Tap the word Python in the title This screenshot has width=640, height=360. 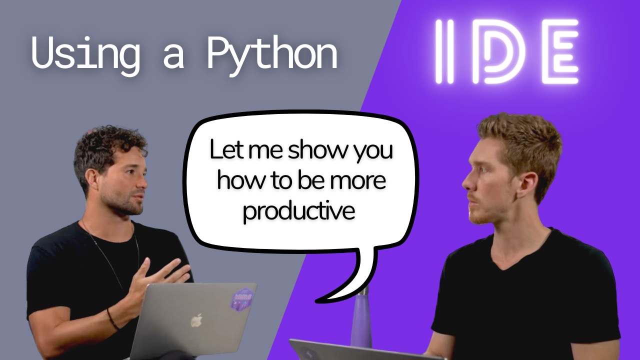(272, 52)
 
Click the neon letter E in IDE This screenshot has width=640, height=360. (560, 51)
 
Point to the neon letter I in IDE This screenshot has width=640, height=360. (444, 51)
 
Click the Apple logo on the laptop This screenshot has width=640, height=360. (197, 320)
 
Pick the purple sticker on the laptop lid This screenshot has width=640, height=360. (241, 298)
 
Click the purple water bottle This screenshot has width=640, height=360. (361, 320)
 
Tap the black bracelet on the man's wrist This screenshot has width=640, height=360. (112, 319)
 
